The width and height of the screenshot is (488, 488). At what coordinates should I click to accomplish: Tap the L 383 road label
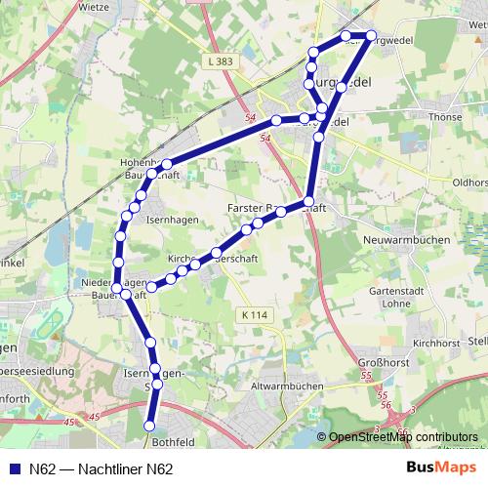221,61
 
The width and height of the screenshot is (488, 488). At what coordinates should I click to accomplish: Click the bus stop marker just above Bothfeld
150,426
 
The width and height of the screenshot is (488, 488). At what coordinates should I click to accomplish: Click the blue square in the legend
14,468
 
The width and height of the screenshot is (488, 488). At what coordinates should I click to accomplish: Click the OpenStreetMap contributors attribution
403,437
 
